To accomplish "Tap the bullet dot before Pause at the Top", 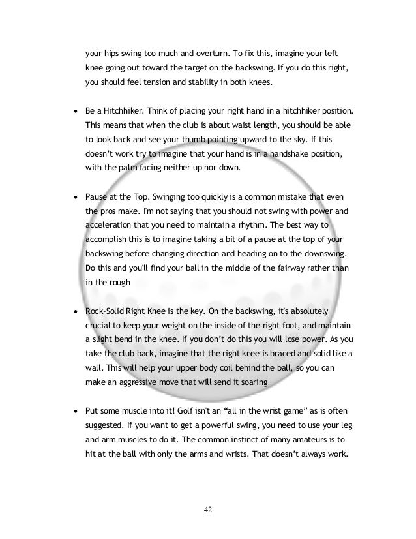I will [x=77, y=196].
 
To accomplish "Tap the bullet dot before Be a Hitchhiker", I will [x=77, y=108].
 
